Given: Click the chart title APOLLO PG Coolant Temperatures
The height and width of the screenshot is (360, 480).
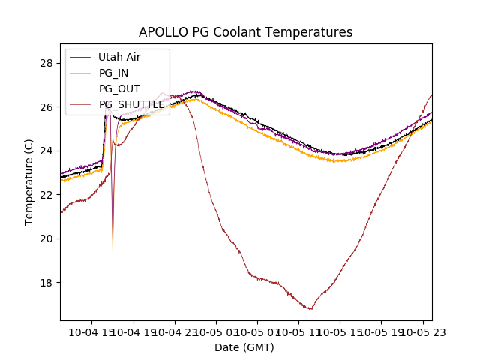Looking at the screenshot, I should pyautogui.click(x=245, y=33).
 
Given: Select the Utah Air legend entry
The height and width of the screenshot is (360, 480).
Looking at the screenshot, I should pyautogui.click(x=119, y=57).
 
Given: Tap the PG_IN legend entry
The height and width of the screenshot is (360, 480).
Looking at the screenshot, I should pyautogui.click(x=113, y=73).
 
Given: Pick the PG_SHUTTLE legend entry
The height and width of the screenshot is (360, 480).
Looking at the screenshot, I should pyautogui.click(x=131, y=104).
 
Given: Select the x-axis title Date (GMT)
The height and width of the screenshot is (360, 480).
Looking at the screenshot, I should pyautogui.click(x=244, y=347).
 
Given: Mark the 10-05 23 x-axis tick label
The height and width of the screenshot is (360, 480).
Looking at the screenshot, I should pyautogui.click(x=420, y=331).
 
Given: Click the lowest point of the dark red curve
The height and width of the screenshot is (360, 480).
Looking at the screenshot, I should pyautogui.click(x=310, y=309).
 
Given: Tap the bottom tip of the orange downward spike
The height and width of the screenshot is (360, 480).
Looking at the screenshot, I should pyautogui.click(x=112, y=253).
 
